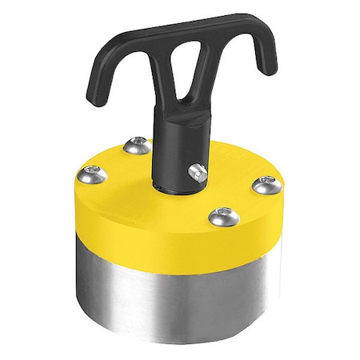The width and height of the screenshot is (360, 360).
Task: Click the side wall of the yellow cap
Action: pyautogui.click(x=160, y=224)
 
